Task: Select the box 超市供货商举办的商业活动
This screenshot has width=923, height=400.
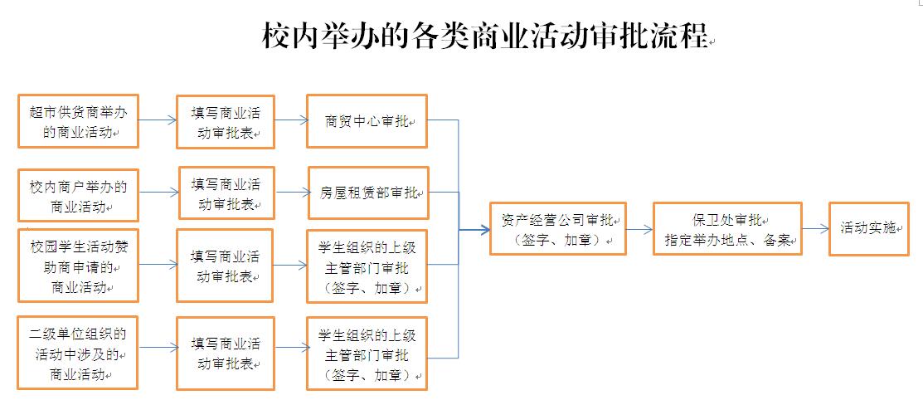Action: coord(78,121)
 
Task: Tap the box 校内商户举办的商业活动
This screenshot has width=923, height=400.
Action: coord(78,194)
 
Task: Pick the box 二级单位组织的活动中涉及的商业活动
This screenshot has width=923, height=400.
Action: coord(78,354)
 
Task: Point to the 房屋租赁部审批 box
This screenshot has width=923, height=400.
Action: coord(368,193)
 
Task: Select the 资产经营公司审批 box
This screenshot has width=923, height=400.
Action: coord(557,228)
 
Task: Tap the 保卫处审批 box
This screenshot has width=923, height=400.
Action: coord(727,228)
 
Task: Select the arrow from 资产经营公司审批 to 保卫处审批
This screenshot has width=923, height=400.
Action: coord(639,228)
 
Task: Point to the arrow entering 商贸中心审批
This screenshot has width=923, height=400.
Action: coord(290,121)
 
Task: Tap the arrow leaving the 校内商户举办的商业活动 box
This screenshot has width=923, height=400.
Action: coord(158,192)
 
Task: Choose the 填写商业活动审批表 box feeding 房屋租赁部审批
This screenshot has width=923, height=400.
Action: coord(226,193)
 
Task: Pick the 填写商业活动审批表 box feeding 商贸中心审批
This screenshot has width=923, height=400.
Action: coord(225,121)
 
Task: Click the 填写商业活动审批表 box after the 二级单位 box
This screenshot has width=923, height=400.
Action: coord(225,353)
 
